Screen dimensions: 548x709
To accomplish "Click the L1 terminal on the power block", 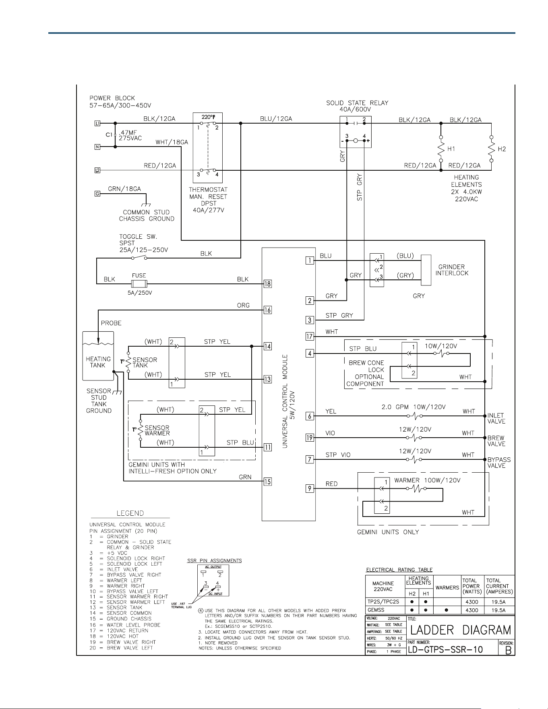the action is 97,123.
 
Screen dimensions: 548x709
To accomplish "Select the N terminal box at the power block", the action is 97,147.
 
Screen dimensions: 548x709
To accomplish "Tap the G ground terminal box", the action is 97,194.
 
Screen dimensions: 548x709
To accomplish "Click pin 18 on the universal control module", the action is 267,284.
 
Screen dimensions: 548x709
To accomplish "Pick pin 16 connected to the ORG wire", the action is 267,310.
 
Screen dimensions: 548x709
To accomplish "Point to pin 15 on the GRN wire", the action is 267,481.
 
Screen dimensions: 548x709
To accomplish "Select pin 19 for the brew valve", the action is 309,438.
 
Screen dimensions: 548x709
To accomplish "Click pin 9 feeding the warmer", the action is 309,489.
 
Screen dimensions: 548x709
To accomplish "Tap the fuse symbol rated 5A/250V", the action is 139,284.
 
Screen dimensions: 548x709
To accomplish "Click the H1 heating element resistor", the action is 441,149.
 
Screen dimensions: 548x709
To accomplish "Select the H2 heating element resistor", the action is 491,149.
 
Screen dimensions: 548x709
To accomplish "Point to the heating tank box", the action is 98,356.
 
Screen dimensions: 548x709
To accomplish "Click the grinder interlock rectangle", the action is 426,270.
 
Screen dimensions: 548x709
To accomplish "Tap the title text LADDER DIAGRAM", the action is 461,630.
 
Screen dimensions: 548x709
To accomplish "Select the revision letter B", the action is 508,650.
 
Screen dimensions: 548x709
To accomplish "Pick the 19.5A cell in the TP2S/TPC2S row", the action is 498,602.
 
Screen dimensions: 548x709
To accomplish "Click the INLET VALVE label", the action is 496,418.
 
